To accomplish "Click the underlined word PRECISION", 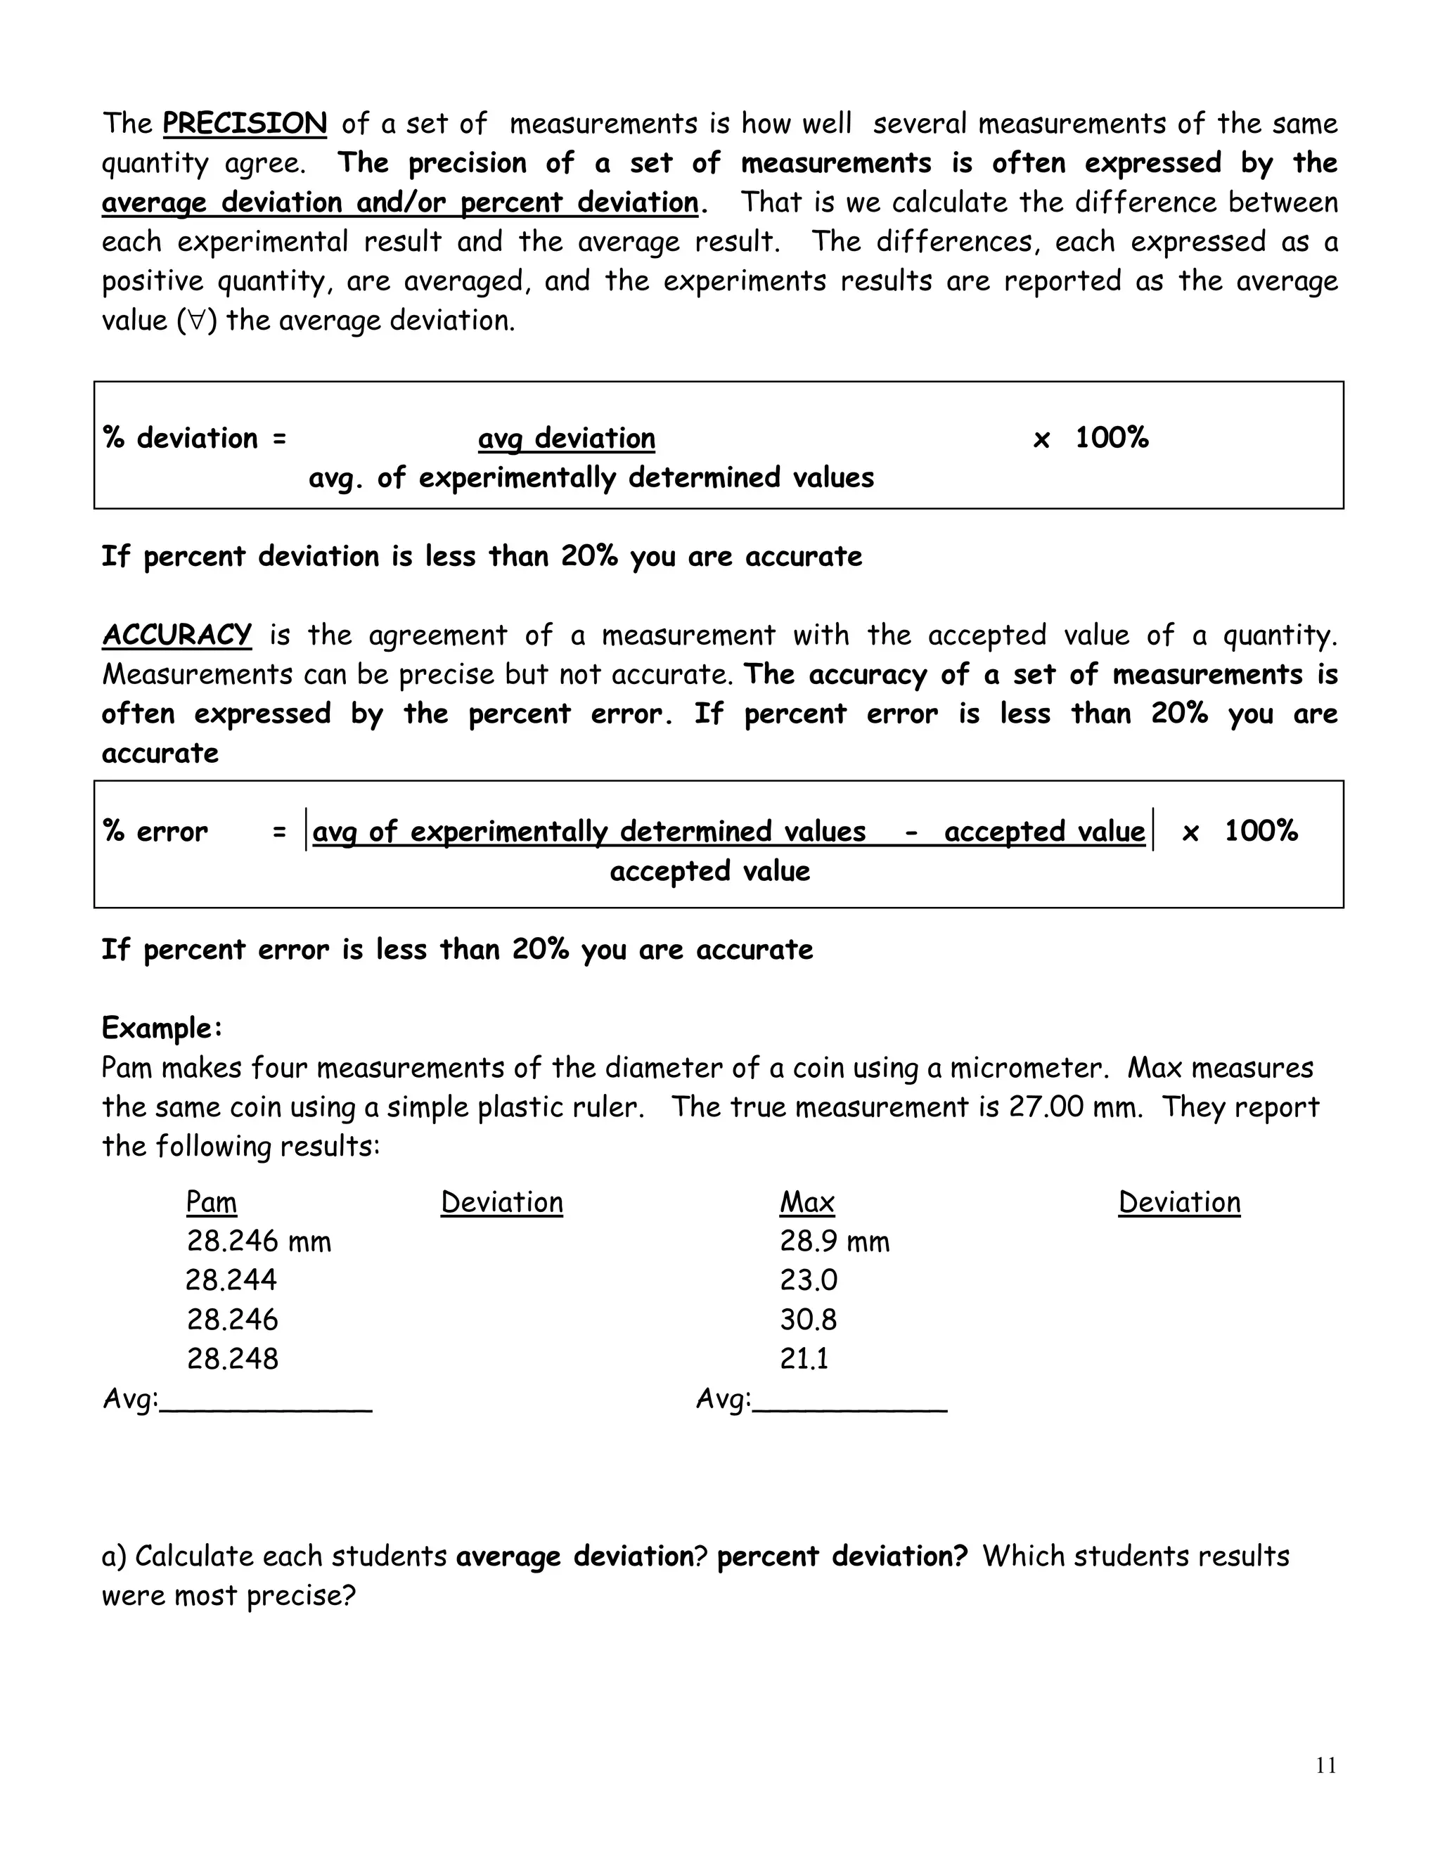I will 244,124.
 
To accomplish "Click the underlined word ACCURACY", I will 176,635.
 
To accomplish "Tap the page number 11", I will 1325,1765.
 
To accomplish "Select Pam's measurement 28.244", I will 231,1280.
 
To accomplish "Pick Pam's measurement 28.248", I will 232,1359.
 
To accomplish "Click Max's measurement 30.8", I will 808,1320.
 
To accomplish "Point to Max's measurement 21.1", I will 804,1359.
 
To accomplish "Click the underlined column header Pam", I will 211,1202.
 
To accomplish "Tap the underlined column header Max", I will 806,1202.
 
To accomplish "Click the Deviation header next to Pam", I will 501,1202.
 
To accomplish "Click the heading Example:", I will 162,1028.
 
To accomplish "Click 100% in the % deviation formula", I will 1111,439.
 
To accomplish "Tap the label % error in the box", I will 155,832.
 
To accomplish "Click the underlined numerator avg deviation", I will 567,439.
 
